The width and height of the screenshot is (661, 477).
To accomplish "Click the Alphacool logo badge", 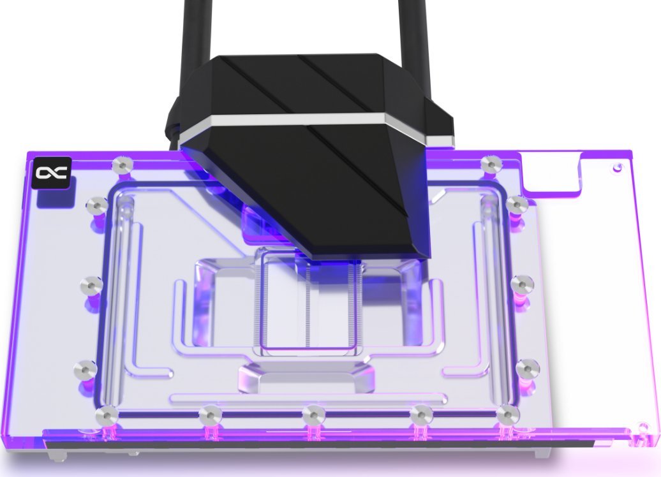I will (x=51, y=172).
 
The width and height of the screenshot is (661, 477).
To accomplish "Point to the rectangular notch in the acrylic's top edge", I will (x=552, y=171).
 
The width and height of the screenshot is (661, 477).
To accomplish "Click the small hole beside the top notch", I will (x=617, y=168).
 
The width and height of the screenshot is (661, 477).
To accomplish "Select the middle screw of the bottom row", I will (x=313, y=416).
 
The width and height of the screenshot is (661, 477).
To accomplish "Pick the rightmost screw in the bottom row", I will (x=508, y=415).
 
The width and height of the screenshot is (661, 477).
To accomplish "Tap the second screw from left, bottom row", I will (x=209, y=416).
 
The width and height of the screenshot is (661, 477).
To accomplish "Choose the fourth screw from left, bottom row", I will (x=421, y=416).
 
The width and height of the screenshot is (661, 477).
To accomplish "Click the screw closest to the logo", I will (x=121, y=166).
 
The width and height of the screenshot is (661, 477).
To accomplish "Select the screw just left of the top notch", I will (x=491, y=164).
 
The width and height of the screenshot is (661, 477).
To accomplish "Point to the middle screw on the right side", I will (x=522, y=284).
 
